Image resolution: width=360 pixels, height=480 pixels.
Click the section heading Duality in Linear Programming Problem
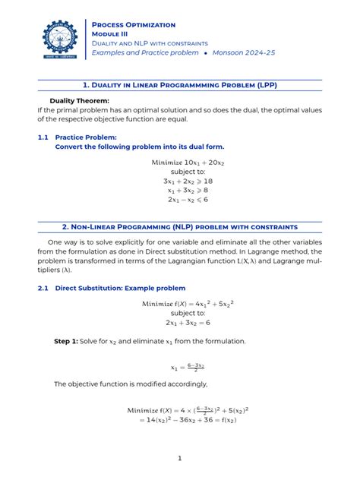pyautogui.click(x=180, y=85)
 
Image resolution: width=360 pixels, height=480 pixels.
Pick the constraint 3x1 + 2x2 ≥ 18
pyautogui.click(x=179, y=182)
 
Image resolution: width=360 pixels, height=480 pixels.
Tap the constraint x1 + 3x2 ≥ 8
pyautogui.click(x=179, y=191)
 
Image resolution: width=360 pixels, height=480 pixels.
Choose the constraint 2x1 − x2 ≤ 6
pyautogui.click(x=179, y=200)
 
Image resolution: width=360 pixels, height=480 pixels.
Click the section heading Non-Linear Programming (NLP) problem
pyautogui.click(x=180, y=227)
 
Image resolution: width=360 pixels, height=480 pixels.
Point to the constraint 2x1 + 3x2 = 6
pyautogui.click(x=179, y=323)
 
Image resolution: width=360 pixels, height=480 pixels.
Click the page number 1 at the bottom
pyautogui.click(x=180, y=458)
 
